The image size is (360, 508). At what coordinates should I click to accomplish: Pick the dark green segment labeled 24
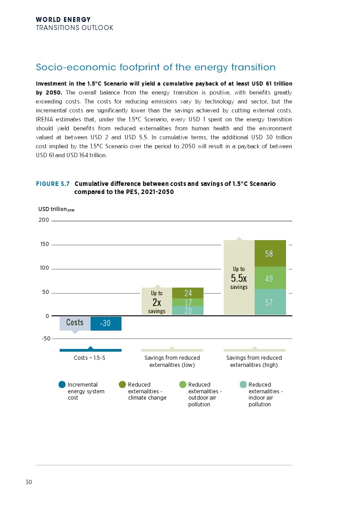coord(188,293)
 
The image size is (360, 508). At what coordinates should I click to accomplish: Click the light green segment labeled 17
coord(188,302)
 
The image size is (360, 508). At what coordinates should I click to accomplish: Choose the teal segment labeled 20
coord(188,310)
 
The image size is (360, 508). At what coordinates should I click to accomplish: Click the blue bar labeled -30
coord(106,323)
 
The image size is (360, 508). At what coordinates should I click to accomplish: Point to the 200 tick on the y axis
coord(44,220)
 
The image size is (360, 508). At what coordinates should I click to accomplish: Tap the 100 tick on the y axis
coord(44,268)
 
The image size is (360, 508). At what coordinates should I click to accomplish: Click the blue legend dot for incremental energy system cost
coord(62,384)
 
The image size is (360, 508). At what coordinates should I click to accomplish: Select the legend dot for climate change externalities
coord(122,384)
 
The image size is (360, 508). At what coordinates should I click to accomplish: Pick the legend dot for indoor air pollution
coord(243,384)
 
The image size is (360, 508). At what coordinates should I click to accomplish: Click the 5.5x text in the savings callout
coord(239,278)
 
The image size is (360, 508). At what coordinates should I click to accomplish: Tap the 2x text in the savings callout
coord(157,302)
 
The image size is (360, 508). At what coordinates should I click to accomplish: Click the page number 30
coord(28,482)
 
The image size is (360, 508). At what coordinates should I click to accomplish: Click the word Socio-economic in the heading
coord(76,68)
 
